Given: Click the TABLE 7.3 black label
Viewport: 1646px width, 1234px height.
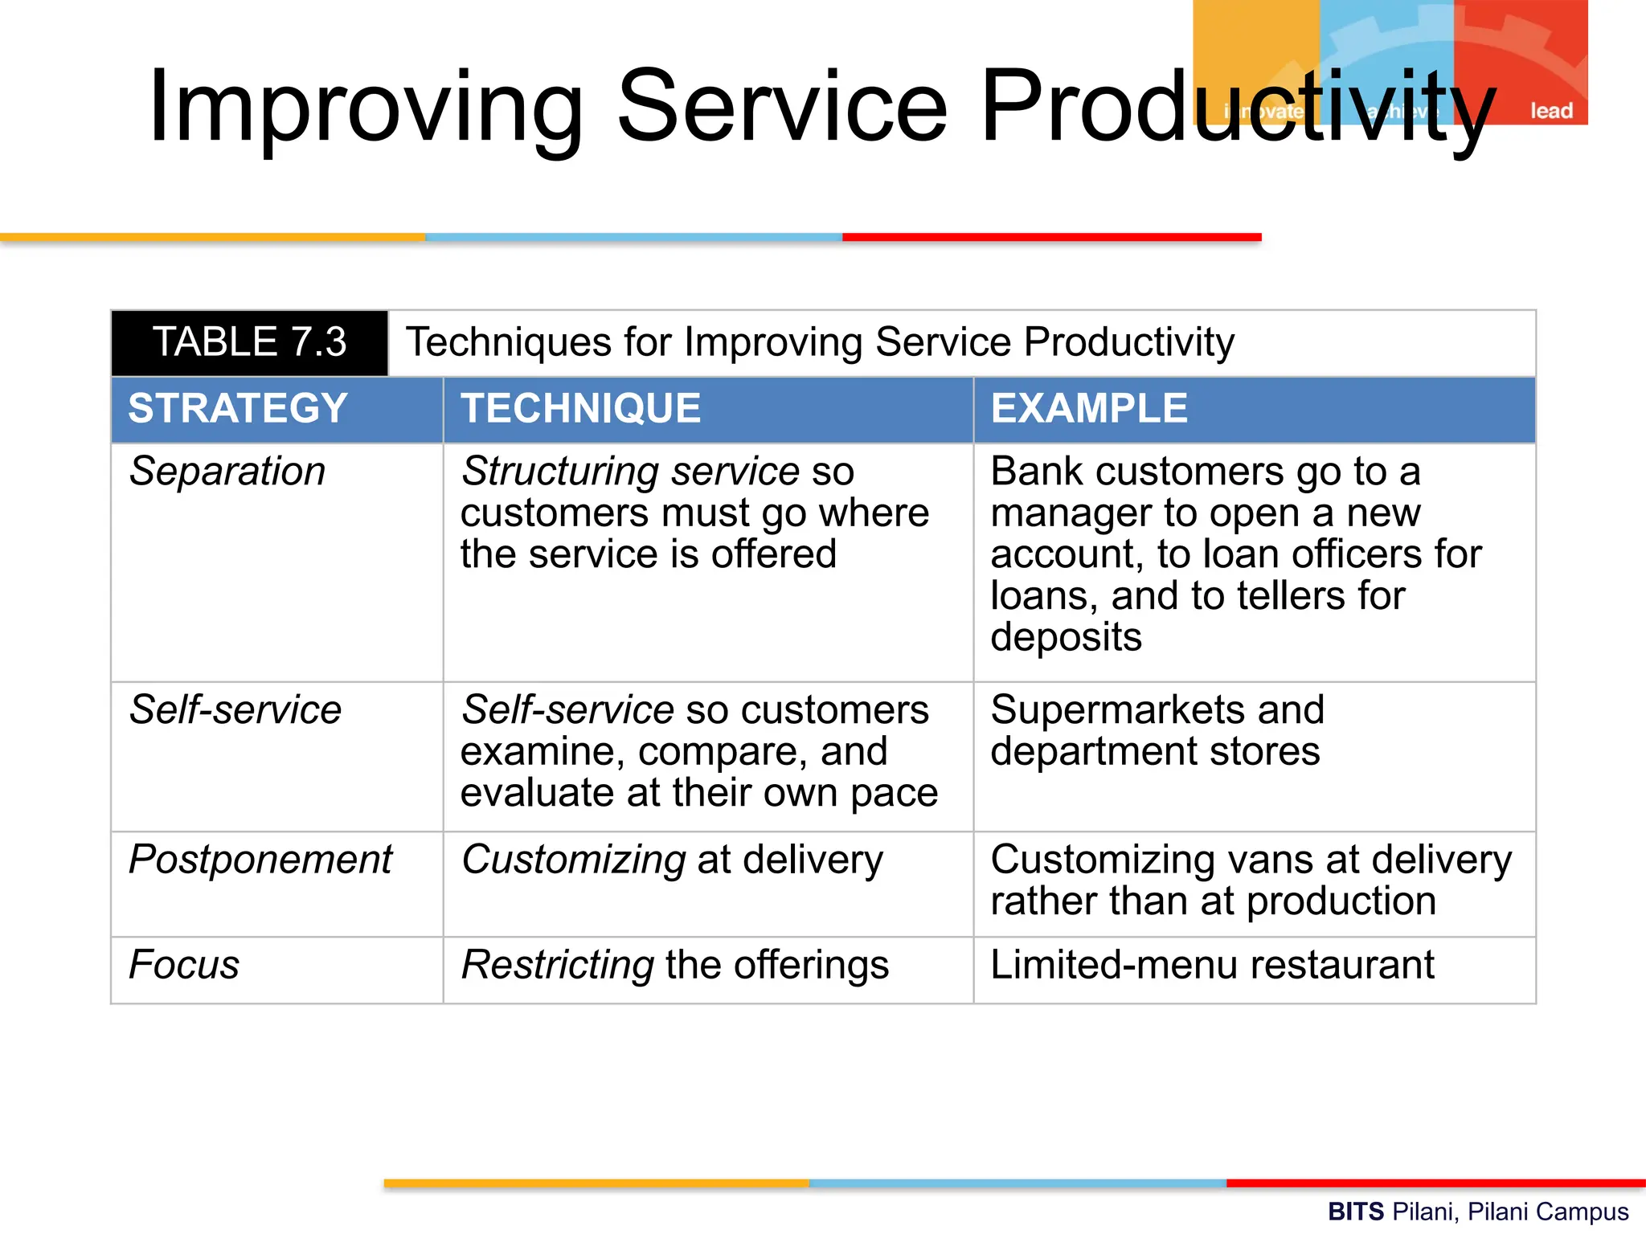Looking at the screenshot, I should pos(249,343).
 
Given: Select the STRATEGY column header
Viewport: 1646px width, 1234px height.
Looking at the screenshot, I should pos(238,408).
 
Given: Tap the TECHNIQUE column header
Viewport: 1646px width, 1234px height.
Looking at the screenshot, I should pos(580,408).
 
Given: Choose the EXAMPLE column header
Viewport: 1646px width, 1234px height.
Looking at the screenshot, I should pos(1089,408).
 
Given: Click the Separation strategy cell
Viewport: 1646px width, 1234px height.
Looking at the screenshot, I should pos(227,472).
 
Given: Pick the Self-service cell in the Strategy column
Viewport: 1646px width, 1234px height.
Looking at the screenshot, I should pos(235,710).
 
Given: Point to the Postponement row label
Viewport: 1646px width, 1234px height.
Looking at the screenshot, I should pos(260,860).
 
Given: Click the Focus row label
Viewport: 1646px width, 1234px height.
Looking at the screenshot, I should pos(184,965).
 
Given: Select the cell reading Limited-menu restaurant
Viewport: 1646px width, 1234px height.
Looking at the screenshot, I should pos(1212,965).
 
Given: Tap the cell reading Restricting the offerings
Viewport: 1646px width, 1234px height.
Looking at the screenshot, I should pos(675,965).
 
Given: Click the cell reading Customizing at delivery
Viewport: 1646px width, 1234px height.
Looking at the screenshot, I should pos(672,860).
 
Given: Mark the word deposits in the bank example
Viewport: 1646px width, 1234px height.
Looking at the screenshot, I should pos(1066,638).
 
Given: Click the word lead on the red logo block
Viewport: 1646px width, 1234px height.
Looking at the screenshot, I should pos(1550,111).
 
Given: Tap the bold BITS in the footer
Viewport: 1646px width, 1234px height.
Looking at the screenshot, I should pos(1355,1212).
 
